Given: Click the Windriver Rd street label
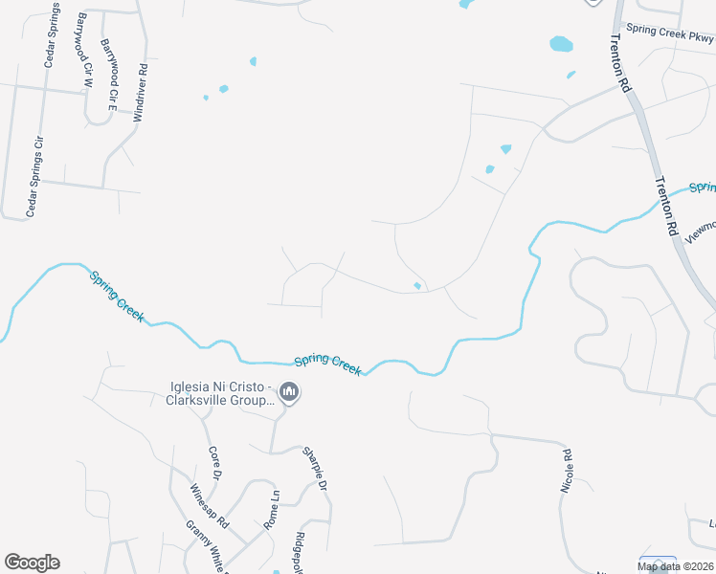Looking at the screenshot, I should click(143, 92).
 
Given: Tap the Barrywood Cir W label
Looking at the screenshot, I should click(84, 52).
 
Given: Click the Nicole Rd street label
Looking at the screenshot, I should click(566, 471).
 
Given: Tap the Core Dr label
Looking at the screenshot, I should click(214, 462).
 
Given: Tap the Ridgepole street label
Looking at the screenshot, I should click(300, 550).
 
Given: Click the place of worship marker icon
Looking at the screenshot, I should click(289, 391).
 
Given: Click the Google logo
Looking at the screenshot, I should click(32, 563).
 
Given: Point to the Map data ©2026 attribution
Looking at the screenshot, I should click(676, 566).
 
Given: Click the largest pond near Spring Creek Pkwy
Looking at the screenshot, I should click(561, 44).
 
